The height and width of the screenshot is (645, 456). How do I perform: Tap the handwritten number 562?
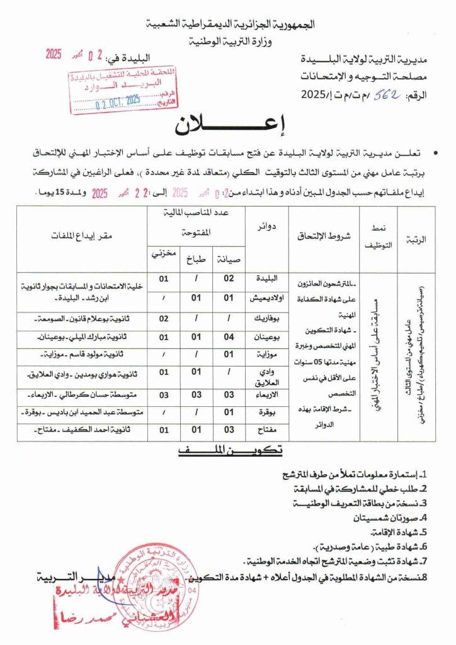click(x=367, y=94)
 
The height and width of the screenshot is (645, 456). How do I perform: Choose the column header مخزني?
click(x=162, y=254)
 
